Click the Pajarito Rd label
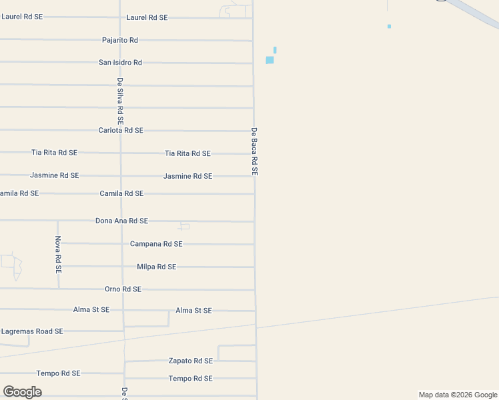click(120, 40)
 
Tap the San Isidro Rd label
click(120, 63)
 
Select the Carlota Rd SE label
click(121, 131)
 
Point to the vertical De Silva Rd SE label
click(120, 102)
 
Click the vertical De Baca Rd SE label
click(254, 151)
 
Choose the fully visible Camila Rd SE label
click(121, 193)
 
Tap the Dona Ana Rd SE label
click(121, 221)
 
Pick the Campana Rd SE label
click(156, 244)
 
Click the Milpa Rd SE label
click(156, 267)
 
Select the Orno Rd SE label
click(123, 289)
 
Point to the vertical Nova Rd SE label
click(58, 255)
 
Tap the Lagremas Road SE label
click(32, 331)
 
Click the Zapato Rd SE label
click(191, 361)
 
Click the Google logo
click(23, 392)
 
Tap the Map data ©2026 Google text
click(458, 395)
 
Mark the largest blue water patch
click(270, 60)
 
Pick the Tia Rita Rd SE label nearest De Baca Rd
click(187, 153)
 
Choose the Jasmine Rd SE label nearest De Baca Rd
click(187, 176)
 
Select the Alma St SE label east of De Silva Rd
click(193, 311)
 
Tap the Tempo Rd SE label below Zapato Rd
click(190, 379)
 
